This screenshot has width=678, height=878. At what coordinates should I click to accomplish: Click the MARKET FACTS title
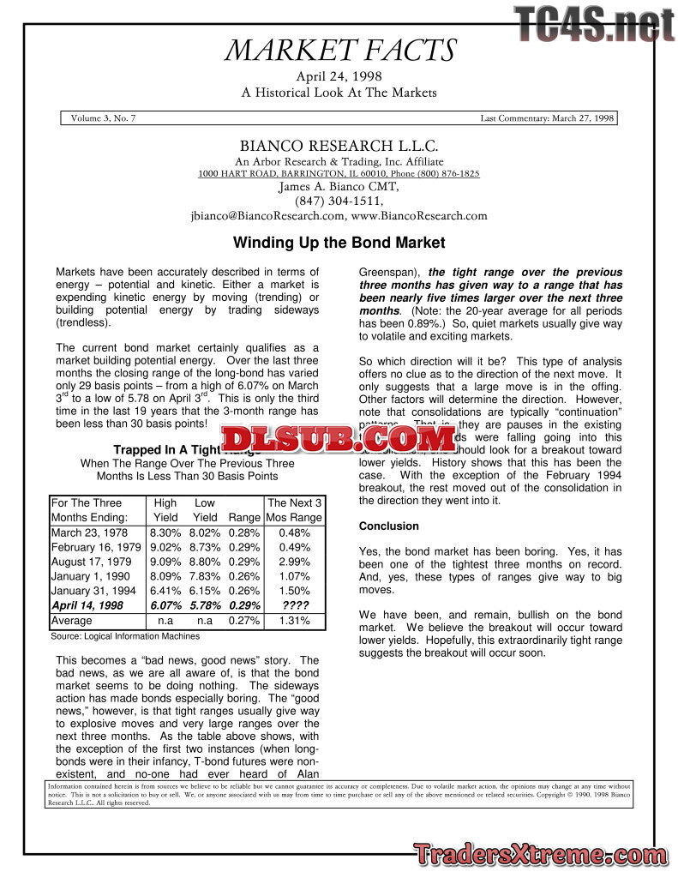339,51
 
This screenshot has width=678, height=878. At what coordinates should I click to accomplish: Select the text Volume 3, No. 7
103,118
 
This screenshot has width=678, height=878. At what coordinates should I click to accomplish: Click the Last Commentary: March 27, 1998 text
547,118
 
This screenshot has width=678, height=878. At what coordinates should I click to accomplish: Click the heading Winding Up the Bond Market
339,243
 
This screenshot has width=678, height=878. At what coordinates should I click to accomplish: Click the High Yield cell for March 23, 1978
165,532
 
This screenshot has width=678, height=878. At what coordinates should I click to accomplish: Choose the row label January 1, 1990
90,576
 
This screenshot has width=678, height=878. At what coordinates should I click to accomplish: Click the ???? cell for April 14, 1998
295,605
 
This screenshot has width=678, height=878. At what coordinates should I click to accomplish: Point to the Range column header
244,517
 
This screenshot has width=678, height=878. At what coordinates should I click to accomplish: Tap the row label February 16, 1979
96,547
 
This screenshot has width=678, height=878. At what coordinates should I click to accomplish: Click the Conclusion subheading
389,526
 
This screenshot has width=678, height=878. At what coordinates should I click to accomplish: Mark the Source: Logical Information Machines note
125,636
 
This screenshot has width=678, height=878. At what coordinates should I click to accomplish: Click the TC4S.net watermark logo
595,23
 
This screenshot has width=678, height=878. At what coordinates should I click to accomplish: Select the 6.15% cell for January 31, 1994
205,591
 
